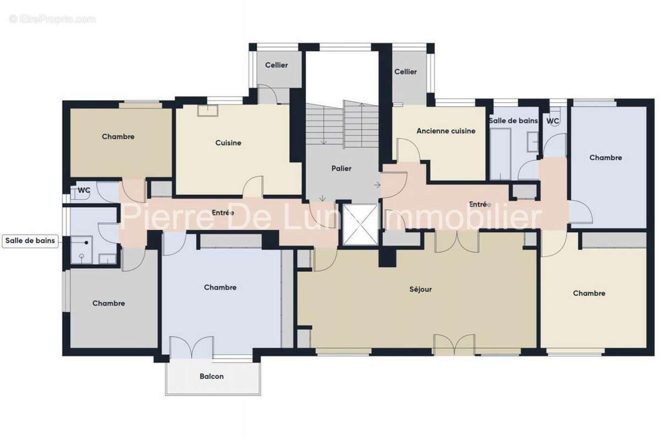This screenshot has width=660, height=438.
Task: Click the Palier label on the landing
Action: [342, 168]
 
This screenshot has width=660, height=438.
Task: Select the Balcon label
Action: [211, 376]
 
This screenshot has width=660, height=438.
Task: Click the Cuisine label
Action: [228, 143]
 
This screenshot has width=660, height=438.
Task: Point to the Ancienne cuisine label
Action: [446, 131]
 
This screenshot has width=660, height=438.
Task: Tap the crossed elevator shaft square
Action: [360, 224]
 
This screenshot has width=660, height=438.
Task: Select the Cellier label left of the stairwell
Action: [276, 65]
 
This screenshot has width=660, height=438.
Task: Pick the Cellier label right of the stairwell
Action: [405, 72]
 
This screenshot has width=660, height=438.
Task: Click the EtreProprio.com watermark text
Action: [53, 19]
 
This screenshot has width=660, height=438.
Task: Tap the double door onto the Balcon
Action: [191, 348]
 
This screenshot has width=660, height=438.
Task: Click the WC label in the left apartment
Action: [84, 190]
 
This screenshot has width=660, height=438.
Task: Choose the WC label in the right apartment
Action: [553, 121]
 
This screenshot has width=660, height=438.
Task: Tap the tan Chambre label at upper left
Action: [118, 136]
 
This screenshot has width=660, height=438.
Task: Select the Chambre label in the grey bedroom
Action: [108, 303]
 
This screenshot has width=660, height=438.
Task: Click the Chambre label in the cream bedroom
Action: [589, 293]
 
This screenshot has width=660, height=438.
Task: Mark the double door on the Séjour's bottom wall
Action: [454, 344]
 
